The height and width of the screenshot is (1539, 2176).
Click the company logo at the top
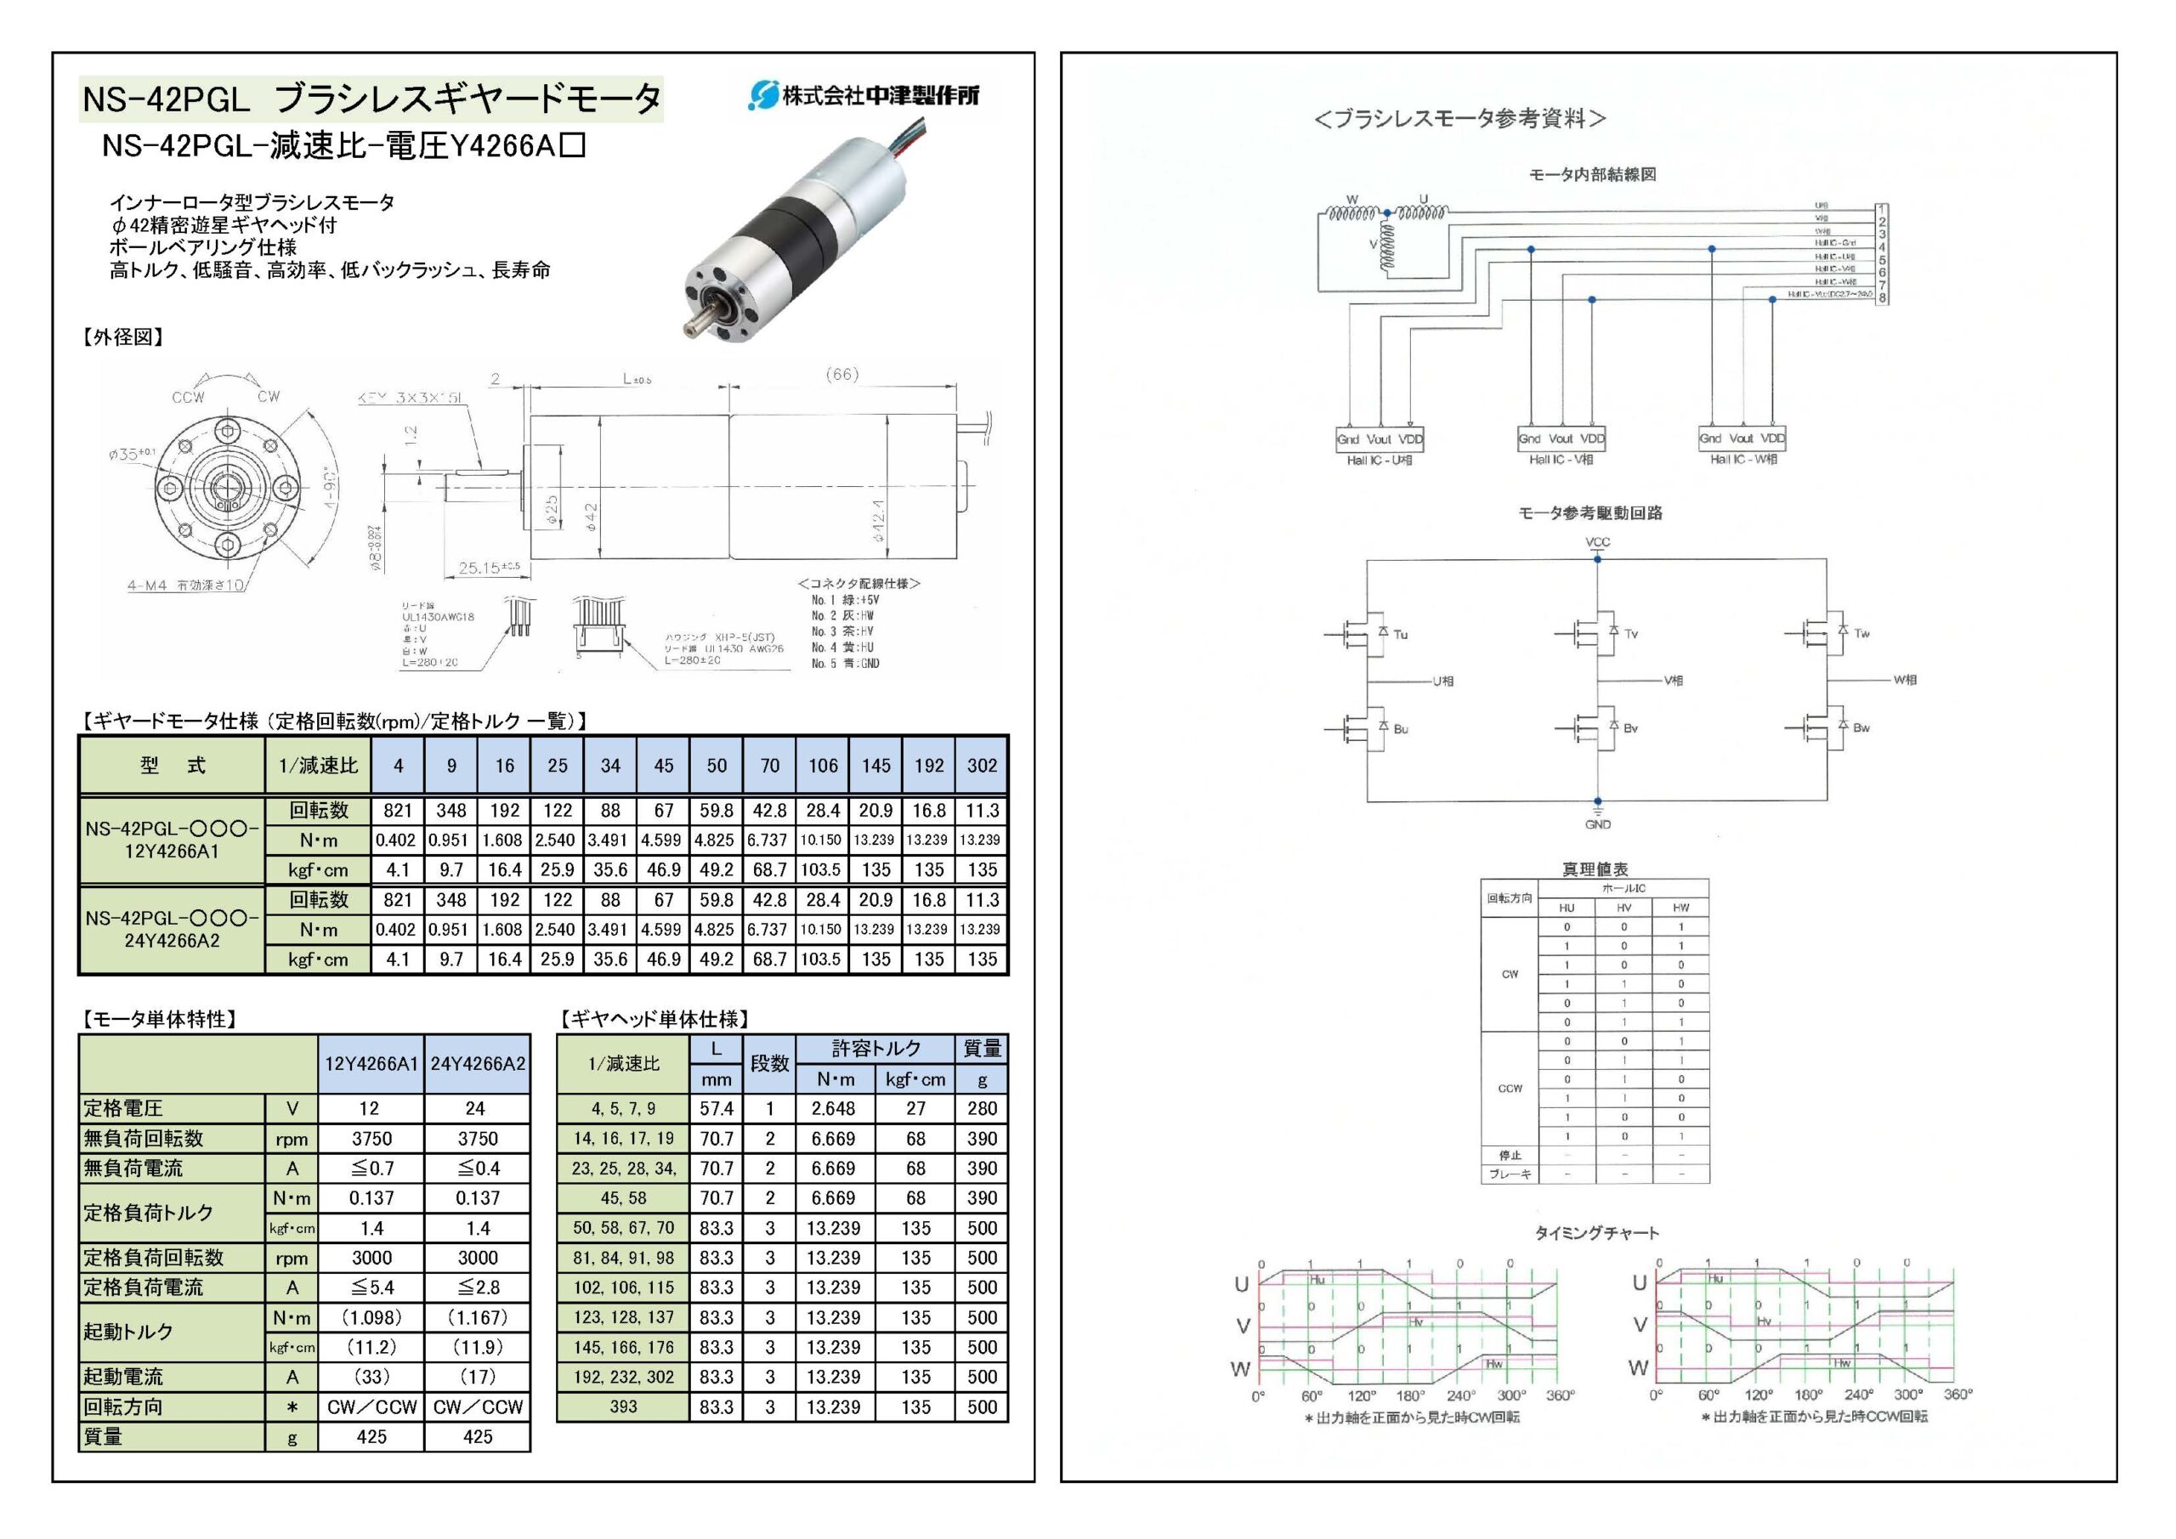(x=864, y=95)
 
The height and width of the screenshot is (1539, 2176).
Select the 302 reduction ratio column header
(x=982, y=766)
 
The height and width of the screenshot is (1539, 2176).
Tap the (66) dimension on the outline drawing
(x=841, y=374)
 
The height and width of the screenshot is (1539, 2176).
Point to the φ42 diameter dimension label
(x=592, y=518)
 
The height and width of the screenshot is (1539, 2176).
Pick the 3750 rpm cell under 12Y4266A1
(x=371, y=1138)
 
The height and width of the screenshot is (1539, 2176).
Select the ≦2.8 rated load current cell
(x=477, y=1287)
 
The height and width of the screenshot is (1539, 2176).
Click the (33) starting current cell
(x=371, y=1377)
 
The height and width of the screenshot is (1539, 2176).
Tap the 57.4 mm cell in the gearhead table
(x=717, y=1109)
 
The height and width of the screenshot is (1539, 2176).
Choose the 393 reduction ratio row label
(x=623, y=1407)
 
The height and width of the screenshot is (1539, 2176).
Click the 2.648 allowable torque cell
(x=833, y=1109)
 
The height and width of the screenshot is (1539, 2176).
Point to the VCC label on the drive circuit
(x=1597, y=543)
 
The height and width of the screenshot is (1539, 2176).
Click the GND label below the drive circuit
(x=1597, y=824)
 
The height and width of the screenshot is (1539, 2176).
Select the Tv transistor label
(x=1631, y=634)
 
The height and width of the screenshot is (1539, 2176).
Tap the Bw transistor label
(x=1861, y=727)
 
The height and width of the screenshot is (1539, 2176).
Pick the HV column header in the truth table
(x=1623, y=908)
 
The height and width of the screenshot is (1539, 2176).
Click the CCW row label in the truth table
(x=1510, y=1088)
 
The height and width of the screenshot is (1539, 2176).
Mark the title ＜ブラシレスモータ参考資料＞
(x=1459, y=118)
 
